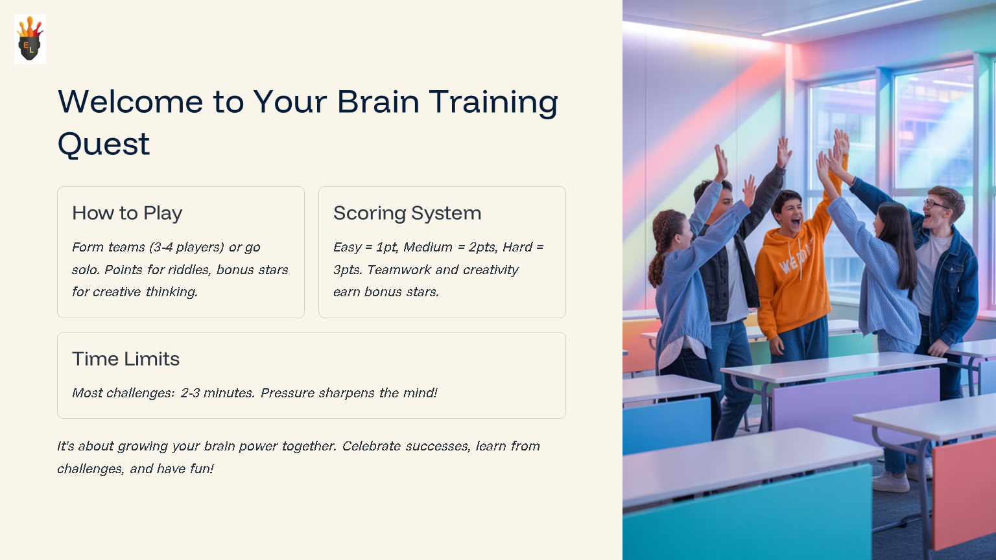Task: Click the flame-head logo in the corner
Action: (x=30, y=39)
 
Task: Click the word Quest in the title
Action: (x=104, y=144)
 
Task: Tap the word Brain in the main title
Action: (x=378, y=102)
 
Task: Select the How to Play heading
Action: (x=127, y=213)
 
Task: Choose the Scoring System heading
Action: (x=407, y=213)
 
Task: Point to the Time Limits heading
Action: (x=126, y=359)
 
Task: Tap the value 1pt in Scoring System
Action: (x=386, y=248)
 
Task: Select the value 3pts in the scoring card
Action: (x=347, y=270)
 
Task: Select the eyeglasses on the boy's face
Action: (x=936, y=204)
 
